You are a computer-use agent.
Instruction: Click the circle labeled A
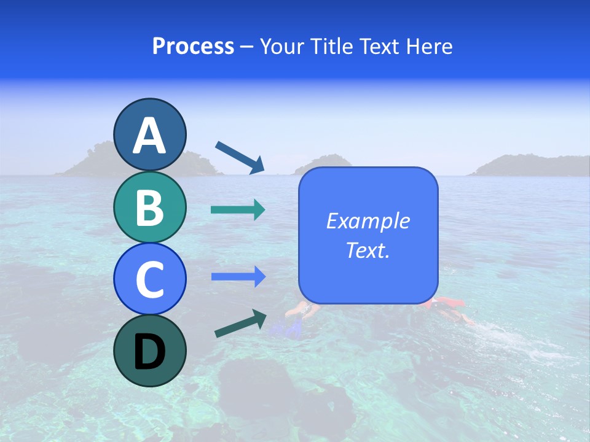point(149,134)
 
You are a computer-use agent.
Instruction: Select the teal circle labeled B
point(149,207)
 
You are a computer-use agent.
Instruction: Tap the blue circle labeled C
point(149,279)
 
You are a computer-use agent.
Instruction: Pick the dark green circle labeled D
point(149,351)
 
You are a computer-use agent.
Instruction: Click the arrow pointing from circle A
point(240,157)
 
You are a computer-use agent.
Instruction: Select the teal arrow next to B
point(238,210)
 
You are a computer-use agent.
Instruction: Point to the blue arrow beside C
point(238,277)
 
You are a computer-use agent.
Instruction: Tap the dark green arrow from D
point(240,324)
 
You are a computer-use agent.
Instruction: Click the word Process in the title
point(193,47)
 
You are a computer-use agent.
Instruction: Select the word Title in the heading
point(331,47)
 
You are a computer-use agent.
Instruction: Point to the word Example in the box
point(368,221)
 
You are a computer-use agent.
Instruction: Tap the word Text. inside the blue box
point(368,250)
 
